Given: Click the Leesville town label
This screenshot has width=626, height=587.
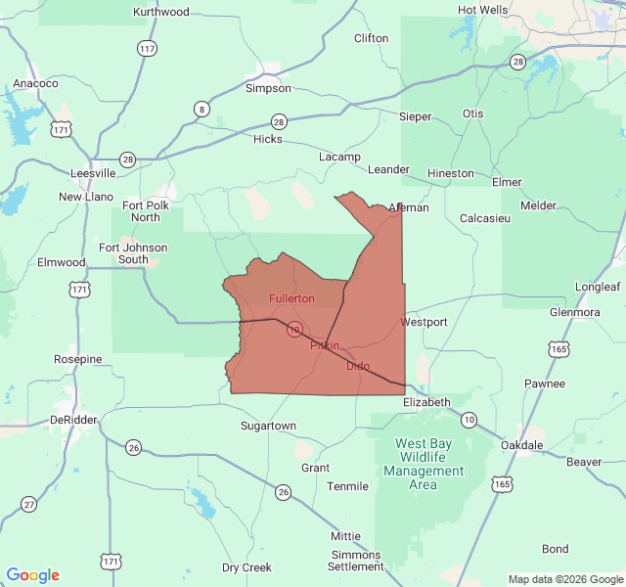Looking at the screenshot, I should (93, 173).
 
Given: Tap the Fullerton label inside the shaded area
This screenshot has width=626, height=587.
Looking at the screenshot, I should (291, 297).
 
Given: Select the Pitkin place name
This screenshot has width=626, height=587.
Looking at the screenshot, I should (325, 345).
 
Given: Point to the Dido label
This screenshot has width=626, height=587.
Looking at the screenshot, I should (358, 366).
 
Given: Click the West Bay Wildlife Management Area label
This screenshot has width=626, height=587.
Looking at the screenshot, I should (424, 464).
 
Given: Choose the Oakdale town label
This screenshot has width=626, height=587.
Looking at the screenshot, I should (521, 445).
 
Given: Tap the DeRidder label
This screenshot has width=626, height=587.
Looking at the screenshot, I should (74, 420).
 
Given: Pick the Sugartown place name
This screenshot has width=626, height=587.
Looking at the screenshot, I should (268, 426).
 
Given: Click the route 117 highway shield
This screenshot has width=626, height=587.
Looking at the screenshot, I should (148, 48).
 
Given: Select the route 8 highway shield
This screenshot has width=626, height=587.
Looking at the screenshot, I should (201, 109).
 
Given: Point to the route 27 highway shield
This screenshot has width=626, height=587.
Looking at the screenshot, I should (28, 504).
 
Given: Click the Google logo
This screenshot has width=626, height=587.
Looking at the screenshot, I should (33, 575).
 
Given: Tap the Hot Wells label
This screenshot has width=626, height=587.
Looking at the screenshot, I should (483, 10).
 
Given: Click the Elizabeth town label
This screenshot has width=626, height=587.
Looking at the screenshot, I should (427, 402).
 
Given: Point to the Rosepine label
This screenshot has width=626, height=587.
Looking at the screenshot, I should (77, 359).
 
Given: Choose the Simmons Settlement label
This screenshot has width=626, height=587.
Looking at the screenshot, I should (356, 560).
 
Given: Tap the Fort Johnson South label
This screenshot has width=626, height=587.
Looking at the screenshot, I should (133, 253).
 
